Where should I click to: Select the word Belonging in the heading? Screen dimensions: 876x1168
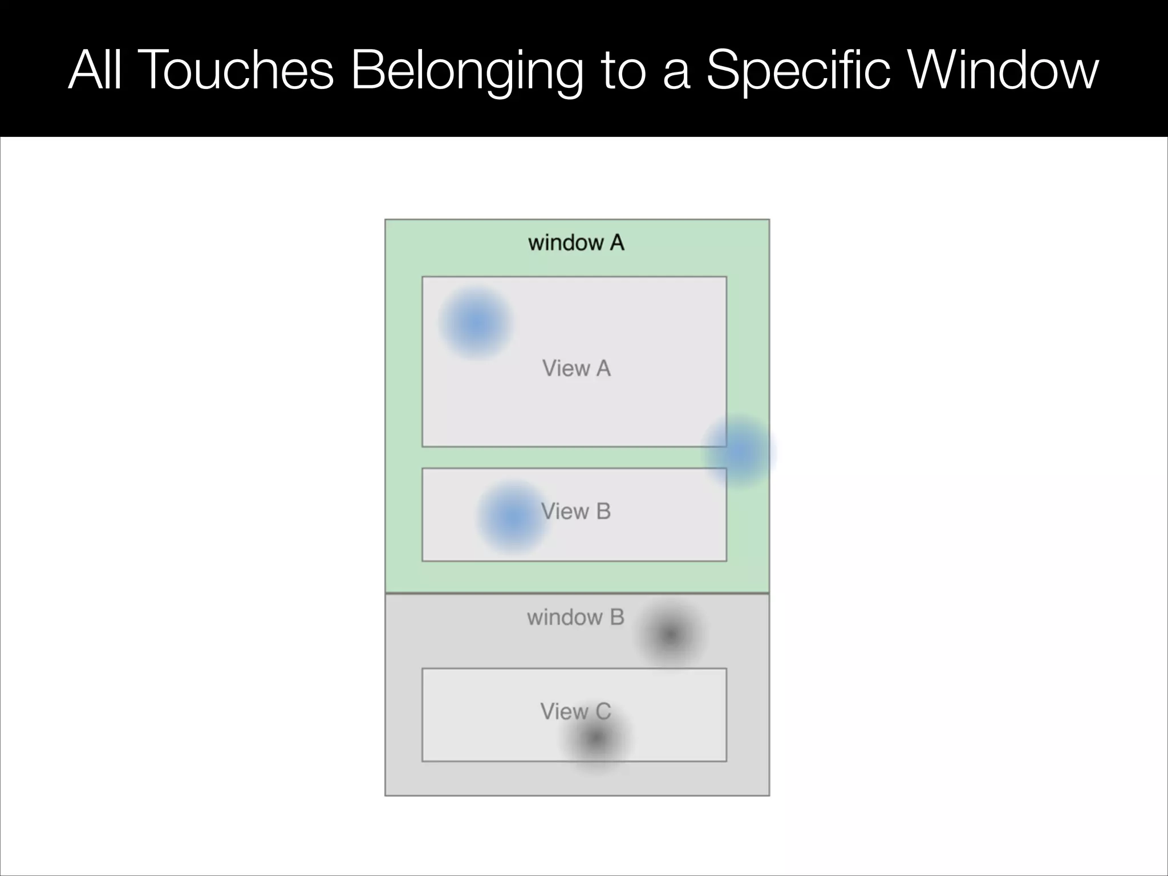point(467,72)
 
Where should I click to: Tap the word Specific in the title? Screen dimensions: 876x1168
point(798,71)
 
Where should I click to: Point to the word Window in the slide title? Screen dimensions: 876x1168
point(1004,71)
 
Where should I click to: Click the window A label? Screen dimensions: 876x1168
point(576,243)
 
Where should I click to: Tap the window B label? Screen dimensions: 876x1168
point(575,617)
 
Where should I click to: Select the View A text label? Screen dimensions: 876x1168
point(576,368)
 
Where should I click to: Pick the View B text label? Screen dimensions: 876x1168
point(576,512)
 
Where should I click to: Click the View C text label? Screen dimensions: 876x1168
point(575,711)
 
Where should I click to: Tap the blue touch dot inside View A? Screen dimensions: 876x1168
point(475,323)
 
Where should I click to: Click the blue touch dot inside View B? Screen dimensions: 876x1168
point(512,517)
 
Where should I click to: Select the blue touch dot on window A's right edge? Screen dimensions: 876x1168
point(738,451)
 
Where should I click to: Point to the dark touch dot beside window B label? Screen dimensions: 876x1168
point(670,634)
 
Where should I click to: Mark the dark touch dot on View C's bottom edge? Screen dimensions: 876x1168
point(595,739)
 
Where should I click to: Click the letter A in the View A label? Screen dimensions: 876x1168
point(603,368)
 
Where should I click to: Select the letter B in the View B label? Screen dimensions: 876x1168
point(603,512)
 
